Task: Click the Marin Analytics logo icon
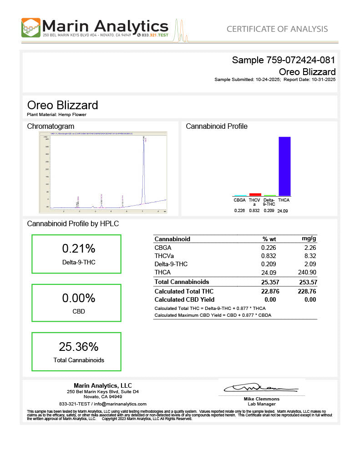click(x=30, y=28)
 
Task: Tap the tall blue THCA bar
click(x=284, y=166)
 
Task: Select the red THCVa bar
click(x=255, y=194)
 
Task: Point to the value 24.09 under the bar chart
click(x=283, y=211)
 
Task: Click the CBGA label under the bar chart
click(x=239, y=200)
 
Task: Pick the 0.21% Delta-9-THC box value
click(x=78, y=248)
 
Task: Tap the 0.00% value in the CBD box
click(x=78, y=298)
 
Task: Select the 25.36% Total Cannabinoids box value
click(x=78, y=347)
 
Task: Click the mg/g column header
click(x=309, y=239)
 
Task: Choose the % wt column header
click(x=269, y=239)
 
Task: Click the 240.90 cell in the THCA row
click(x=307, y=272)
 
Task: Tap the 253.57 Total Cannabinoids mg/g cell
click(x=307, y=282)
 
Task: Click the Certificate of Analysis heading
click(x=277, y=29)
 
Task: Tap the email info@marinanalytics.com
click(x=120, y=404)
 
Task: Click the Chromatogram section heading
click(x=51, y=126)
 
